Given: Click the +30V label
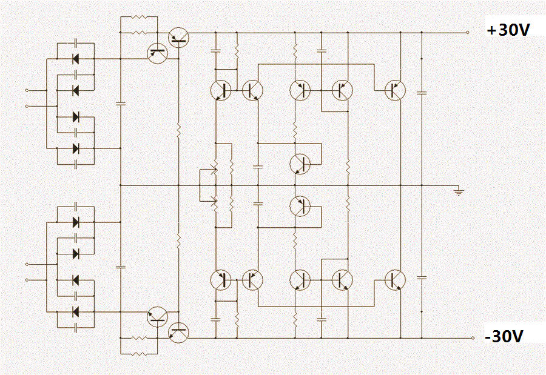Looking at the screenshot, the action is (x=508, y=30).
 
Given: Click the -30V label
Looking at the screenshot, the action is (x=504, y=336).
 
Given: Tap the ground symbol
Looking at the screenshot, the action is (x=459, y=191).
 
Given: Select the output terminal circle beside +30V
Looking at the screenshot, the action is (x=468, y=32).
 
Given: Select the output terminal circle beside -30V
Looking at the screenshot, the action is (x=473, y=338).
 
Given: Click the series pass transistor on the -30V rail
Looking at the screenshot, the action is (x=178, y=333).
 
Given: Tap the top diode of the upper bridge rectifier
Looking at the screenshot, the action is (x=76, y=59).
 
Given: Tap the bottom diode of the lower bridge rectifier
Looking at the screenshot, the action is (x=76, y=311).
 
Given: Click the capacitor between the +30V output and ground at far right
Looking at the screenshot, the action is (x=422, y=93).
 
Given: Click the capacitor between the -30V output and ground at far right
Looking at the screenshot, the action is (x=422, y=277).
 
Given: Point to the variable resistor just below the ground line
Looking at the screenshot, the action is (x=215, y=202).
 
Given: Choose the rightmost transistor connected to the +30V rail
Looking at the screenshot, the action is (x=395, y=90).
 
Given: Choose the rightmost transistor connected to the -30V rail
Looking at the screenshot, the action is (x=395, y=280).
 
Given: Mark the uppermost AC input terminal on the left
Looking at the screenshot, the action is (x=27, y=90).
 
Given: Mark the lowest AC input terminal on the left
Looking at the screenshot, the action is (x=27, y=280).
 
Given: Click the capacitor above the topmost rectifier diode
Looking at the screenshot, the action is (x=76, y=43).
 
